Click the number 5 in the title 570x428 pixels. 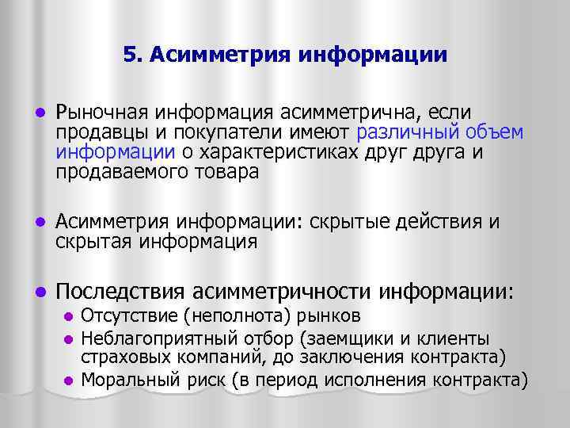click(130, 55)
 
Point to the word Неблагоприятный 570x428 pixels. click(147, 337)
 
